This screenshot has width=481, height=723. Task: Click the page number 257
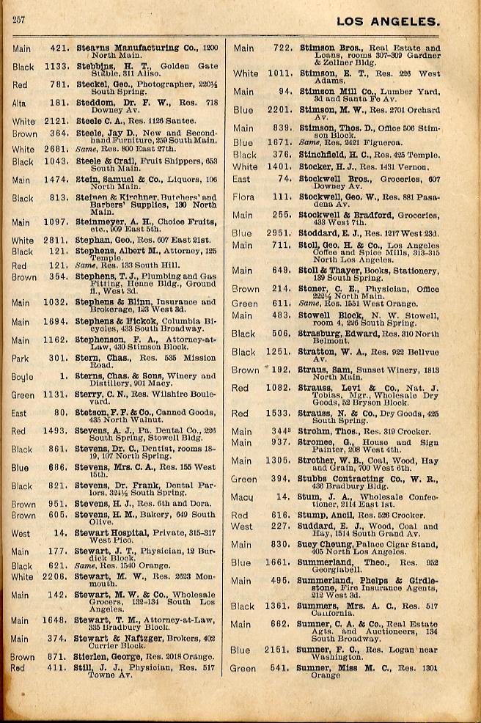point(18,20)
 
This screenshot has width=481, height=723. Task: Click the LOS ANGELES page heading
point(388,21)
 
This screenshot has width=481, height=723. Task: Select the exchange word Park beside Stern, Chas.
point(21,359)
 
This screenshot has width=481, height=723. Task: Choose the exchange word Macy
point(242,498)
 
